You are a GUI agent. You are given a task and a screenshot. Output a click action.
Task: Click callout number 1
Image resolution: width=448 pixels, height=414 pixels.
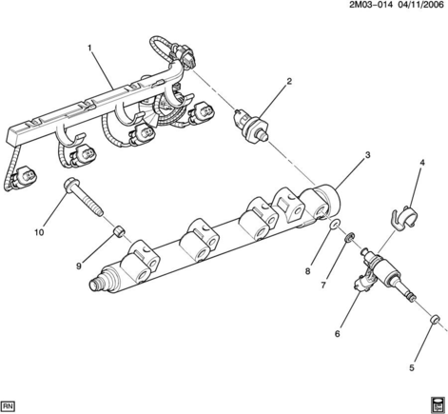[x=89, y=49]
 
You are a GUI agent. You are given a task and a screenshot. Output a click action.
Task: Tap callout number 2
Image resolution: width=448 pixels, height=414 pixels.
[x=289, y=81]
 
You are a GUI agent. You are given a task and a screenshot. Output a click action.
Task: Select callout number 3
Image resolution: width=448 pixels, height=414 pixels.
[x=367, y=155]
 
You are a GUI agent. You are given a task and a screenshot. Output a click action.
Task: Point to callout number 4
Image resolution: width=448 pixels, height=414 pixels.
[x=422, y=163]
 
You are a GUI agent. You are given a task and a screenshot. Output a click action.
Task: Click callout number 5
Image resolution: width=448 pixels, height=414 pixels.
[x=412, y=368]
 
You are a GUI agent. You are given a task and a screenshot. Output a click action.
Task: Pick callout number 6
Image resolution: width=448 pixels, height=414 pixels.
[x=337, y=334]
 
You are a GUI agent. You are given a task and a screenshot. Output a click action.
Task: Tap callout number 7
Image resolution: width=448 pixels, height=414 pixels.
[x=323, y=286]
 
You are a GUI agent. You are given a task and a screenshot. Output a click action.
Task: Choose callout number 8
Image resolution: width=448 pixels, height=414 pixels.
[x=307, y=271]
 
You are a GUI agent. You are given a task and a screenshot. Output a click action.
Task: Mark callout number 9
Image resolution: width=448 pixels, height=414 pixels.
[x=79, y=266]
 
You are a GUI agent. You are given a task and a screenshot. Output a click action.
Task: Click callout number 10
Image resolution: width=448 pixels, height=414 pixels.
[x=39, y=232]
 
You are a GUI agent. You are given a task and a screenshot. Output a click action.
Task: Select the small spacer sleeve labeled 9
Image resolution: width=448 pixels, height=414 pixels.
[x=118, y=229]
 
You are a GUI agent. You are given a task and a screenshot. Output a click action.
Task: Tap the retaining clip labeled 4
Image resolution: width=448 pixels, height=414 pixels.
[x=403, y=217]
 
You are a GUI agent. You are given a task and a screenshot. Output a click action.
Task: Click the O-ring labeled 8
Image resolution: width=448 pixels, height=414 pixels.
[x=336, y=225]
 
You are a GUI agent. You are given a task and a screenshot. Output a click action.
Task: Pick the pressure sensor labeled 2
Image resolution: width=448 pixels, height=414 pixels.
[x=250, y=127]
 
